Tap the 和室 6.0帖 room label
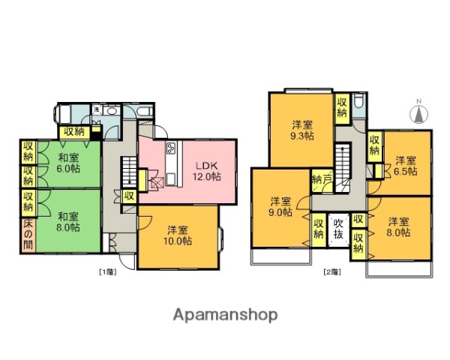tap(67, 163)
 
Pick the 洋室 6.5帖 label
tap(406, 166)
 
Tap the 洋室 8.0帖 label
tap(399, 227)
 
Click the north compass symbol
tap(419, 114)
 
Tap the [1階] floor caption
tap(107, 271)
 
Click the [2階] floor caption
tap(331, 271)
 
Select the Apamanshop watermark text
tap(226, 315)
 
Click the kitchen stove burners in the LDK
tap(171, 147)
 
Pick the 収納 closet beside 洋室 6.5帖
tap(374, 144)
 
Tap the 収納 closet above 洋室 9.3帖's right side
tap(342, 107)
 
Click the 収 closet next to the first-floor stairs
tap(129, 196)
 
